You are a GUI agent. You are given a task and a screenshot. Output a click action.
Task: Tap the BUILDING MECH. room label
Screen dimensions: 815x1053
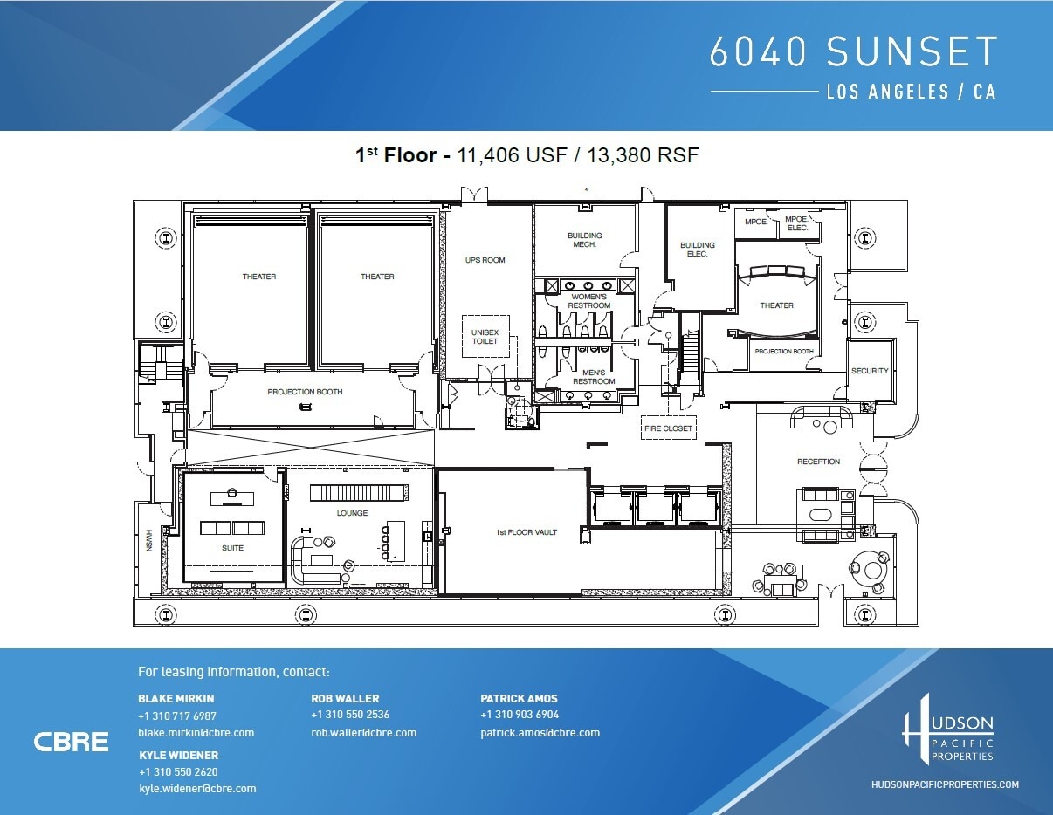[x=584, y=240]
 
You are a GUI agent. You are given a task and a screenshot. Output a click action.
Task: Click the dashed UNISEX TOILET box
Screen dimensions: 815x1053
[x=485, y=337]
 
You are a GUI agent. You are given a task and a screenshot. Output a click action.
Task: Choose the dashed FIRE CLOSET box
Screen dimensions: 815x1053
[x=668, y=428]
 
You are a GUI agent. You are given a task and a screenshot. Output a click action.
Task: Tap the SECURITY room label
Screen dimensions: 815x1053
[x=870, y=371]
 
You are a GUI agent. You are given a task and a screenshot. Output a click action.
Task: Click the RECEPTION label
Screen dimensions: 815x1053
[x=818, y=462]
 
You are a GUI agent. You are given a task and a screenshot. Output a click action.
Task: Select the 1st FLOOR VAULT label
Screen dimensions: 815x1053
[x=526, y=532]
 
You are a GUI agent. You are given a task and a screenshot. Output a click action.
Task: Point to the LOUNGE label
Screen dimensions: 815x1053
[x=353, y=513]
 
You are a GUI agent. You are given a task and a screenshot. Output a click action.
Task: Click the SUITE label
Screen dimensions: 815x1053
[x=232, y=548]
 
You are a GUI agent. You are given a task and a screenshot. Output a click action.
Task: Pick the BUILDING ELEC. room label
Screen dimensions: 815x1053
[x=698, y=250]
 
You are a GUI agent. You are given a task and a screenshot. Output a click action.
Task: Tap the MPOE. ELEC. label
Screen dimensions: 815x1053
[x=797, y=223]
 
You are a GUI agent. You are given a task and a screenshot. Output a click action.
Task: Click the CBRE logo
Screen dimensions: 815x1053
[x=72, y=742]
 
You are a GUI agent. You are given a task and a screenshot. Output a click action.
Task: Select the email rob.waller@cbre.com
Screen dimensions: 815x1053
[x=363, y=733]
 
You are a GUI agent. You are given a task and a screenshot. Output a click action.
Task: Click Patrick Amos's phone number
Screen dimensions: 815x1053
[x=520, y=715]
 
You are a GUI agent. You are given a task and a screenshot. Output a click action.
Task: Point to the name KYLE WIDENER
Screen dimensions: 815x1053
[x=178, y=755]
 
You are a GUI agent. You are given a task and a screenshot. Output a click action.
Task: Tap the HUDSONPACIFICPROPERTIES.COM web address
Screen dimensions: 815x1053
[x=946, y=784]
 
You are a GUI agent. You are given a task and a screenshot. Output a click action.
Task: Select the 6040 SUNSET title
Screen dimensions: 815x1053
[x=853, y=52]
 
